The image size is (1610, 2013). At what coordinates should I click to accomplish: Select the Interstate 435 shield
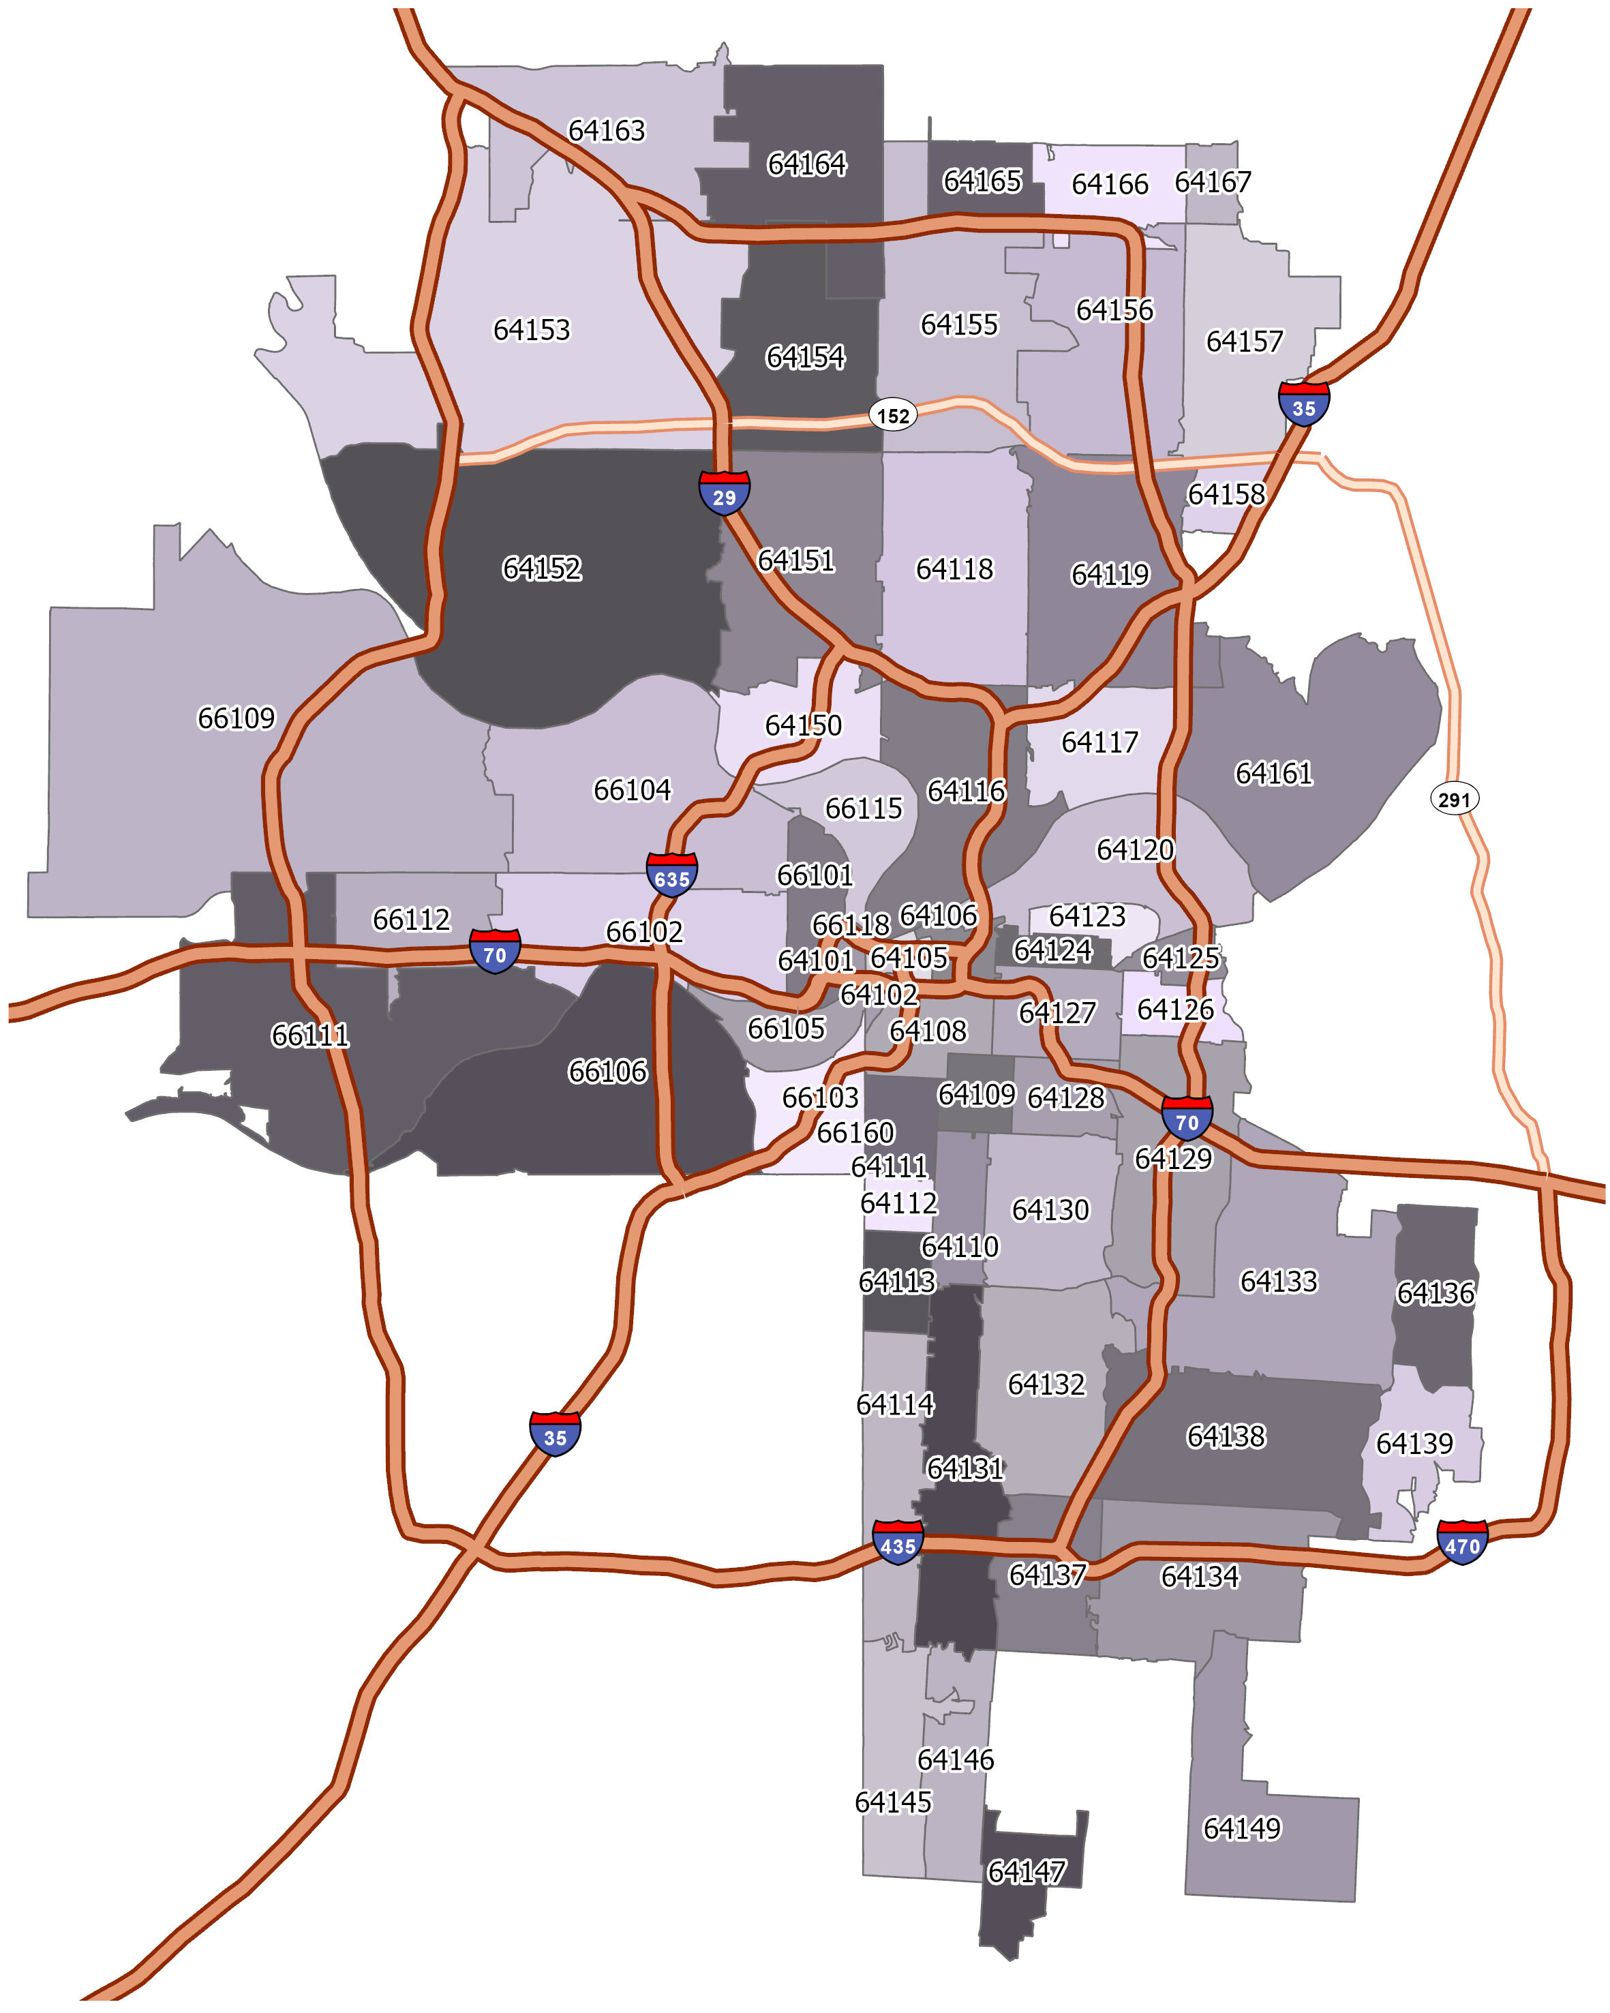pyautogui.click(x=898, y=1543)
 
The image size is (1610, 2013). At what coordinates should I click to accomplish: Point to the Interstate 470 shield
pyautogui.click(x=1461, y=1543)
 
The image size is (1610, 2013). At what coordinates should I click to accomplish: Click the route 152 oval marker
pyautogui.click(x=893, y=416)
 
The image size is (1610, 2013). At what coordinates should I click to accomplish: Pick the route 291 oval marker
pyautogui.click(x=1454, y=799)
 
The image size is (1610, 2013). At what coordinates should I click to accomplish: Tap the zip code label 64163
pyautogui.click(x=607, y=131)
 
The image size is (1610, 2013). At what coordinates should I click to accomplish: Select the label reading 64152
pyautogui.click(x=541, y=569)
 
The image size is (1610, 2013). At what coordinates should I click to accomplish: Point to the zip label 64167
pyautogui.click(x=1213, y=182)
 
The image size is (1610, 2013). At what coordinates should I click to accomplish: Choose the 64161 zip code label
pyautogui.click(x=1273, y=773)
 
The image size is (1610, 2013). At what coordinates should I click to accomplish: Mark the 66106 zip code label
pyautogui.click(x=607, y=1071)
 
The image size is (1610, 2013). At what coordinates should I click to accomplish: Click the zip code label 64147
pyautogui.click(x=1026, y=1872)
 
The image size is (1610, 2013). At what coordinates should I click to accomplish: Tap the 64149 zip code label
pyautogui.click(x=1241, y=1828)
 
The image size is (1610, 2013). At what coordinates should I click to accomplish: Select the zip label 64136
pyautogui.click(x=1436, y=1293)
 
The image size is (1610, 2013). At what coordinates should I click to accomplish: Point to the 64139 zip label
pyautogui.click(x=1414, y=1444)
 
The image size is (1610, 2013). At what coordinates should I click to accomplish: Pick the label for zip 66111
pyautogui.click(x=310, y=1035)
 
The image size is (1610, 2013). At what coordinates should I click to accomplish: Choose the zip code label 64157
pyautogui.click(x=1244, y=342)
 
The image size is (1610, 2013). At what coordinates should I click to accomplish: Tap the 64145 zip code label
pyautogui.click(x=893, y=1801)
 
